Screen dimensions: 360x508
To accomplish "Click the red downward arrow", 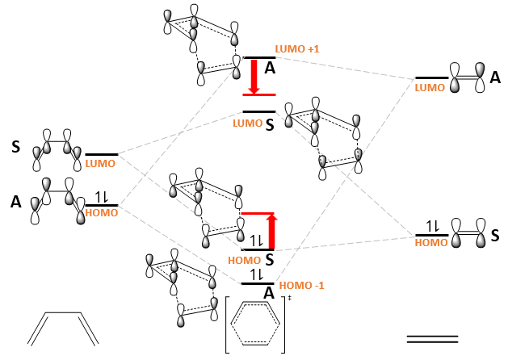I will pos(254,77).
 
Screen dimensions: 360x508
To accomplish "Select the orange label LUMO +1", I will pos(297,50).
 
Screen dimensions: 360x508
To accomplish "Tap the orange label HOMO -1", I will pos(301,286).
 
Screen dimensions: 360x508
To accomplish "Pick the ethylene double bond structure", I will pos(432,338).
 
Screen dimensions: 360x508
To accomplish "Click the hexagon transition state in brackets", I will pos(255,325).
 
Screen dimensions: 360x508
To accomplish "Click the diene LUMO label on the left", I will pos(100,163).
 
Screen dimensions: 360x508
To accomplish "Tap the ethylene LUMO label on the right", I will pos(430,86).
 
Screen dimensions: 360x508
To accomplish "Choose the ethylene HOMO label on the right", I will pos(430,241).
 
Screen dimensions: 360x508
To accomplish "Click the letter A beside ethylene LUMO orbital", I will pos(495,77).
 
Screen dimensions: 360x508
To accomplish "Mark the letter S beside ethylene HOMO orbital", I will pos(495,234).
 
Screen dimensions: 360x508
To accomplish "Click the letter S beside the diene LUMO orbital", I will pos(15,147).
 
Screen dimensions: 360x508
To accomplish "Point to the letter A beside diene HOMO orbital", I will pos(15,203).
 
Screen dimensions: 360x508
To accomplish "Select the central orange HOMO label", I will pos(245,260).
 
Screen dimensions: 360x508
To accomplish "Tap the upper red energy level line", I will pos(259,94).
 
